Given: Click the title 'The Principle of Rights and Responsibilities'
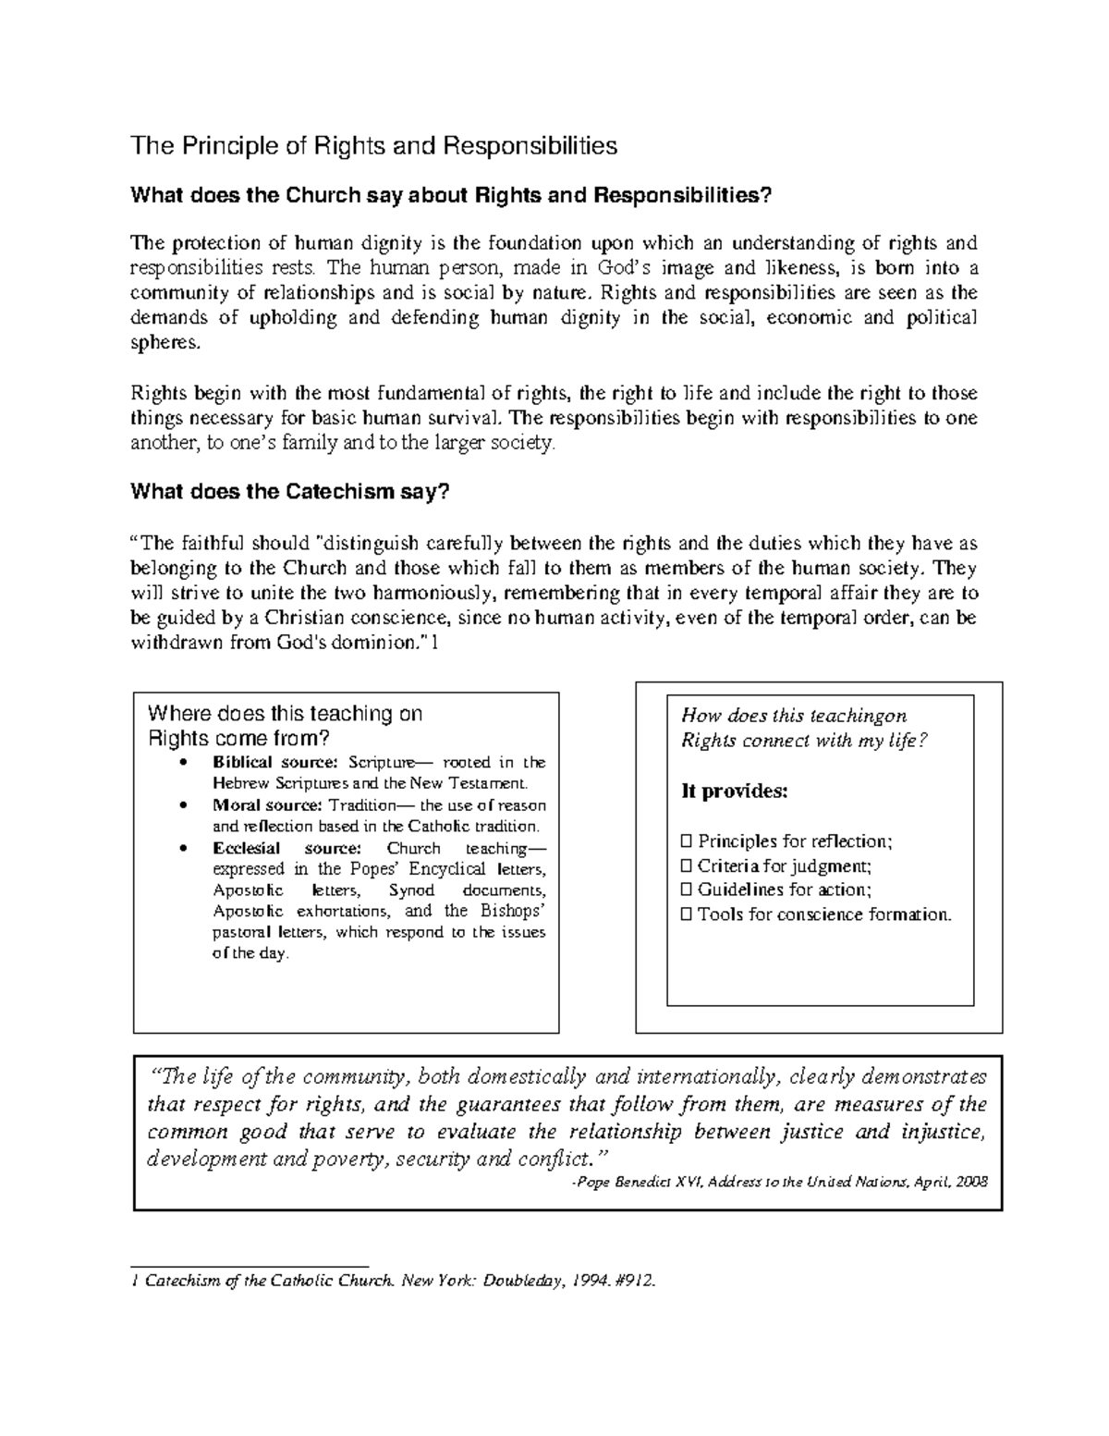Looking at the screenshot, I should pyautogui.click(x=373, y=146).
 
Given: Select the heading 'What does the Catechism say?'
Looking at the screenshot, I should pyautogui.click(x=290, y=492).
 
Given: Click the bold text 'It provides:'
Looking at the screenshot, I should pyautogui.click(x=735, y=792).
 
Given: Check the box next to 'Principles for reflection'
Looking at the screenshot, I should pyautogui.click(x=686, y=841).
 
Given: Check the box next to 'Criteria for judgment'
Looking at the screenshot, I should pyautogui.click(x=686, y=866).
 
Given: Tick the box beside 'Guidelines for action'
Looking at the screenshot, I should pyautogui.click(x=686, y=890).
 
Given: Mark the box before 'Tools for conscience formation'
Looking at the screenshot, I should pyautogui.click(x=686, y=915).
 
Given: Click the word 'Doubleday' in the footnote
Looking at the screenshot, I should pyautogui.click(x=518, y=1281).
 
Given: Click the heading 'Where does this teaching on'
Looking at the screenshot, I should pyautogui.click(x=285, y=714).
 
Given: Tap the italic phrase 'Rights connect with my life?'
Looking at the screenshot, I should pyautogui.click(x=803, y=741).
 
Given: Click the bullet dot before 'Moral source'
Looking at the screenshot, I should pyautogui.click(x=187, y=805).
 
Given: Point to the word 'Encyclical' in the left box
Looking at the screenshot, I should pyautogui.click(x=446, y=869).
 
